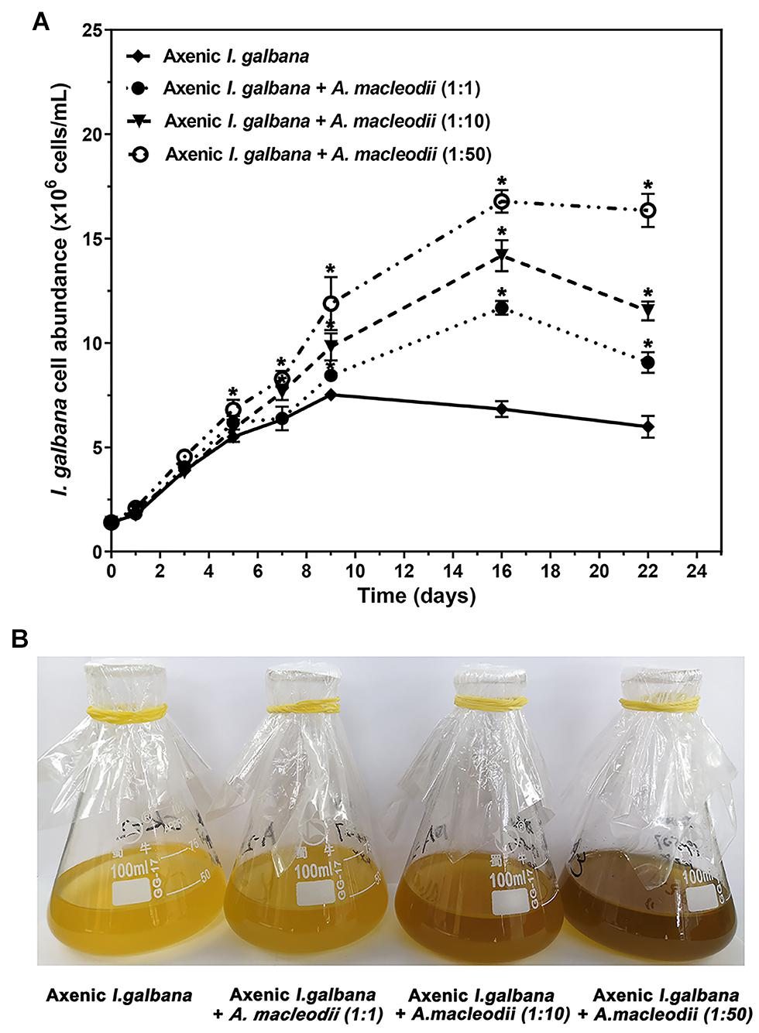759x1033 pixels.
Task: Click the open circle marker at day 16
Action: (502, 202)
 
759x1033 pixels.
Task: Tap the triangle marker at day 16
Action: (502, 255)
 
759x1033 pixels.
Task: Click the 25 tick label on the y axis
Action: (91, 30)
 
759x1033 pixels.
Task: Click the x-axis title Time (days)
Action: (416, 596)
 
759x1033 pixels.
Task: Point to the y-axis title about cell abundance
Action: (63, 290)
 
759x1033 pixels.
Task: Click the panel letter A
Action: (41, 22)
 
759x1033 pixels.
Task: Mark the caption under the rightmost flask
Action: (665, 1004)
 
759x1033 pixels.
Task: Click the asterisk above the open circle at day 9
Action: (331, 268)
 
